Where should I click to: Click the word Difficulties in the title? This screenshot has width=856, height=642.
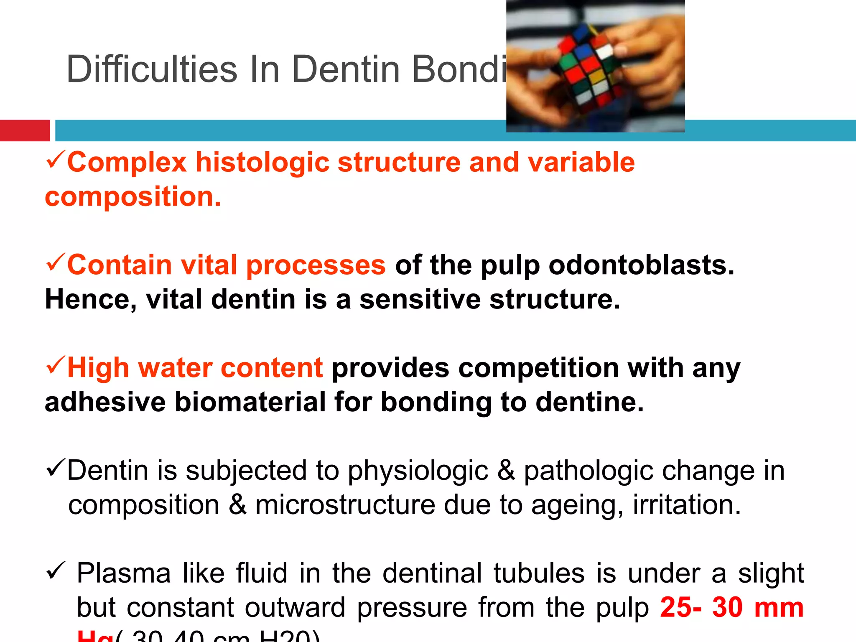[152, 69]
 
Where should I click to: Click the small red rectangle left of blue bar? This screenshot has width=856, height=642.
[25, 130]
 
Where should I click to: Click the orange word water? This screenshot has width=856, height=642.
[175, 368]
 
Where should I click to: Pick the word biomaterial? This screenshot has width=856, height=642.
[250, 402]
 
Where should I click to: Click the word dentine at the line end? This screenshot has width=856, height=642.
[589, 402]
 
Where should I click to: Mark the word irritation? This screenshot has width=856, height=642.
[687, 505]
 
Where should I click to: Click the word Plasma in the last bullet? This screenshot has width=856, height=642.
[124, 573]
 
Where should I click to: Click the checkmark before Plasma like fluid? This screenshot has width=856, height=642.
[55, 571]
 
